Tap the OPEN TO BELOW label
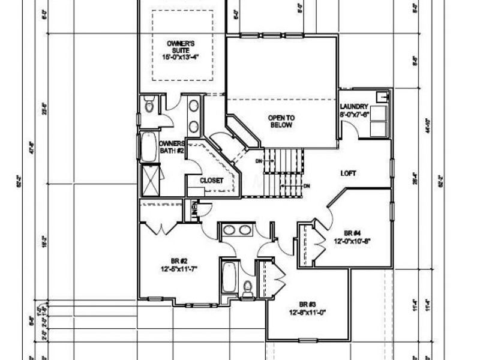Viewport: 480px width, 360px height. (x=280, y=121)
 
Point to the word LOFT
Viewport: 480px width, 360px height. (x=348, y=173)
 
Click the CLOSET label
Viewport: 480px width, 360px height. (x=212, y=180)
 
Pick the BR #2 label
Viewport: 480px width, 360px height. (x=179, y=260)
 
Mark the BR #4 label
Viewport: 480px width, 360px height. (x=353, y=233)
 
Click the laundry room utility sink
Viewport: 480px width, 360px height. (x=381, y=97)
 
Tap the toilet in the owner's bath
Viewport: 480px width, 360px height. (x=149, y=106)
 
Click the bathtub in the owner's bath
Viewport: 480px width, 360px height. (x=148, y=147)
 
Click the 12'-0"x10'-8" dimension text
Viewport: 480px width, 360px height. (x=353, y=241)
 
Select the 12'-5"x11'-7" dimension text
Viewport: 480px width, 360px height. (x=179, y=269)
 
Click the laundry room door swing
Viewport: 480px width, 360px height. (x=350, y=131)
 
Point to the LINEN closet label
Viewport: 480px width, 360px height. (x=194, y=210)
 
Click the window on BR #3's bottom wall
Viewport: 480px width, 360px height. (x=307, y=340)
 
